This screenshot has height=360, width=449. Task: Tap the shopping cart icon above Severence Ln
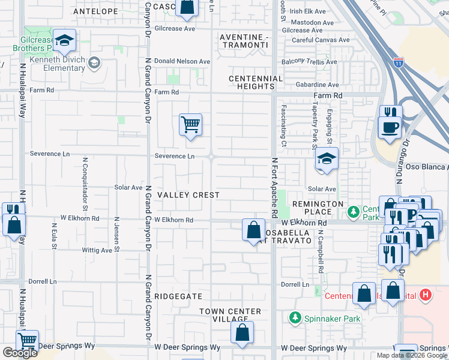[x=190, y=125]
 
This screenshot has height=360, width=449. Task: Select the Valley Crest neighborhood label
[x=188, y=196]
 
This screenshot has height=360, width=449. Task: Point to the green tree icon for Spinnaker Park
[x=295, y=317]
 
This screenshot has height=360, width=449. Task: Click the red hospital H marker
[x=426, y=295]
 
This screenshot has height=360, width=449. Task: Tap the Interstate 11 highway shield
[x=399, y=62]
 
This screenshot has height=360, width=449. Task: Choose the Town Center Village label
[x=231, y=316]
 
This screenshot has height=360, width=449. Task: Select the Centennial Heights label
[x=256, y=83]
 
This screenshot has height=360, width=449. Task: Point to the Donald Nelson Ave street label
[x=182, y=61]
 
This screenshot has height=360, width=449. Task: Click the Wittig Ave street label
[x=98, y=250]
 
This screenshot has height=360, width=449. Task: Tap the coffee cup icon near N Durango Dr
[x=390, y=128]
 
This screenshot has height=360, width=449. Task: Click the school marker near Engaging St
[x=327, y=159]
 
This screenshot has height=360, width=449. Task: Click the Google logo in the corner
[x=19, y=353]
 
